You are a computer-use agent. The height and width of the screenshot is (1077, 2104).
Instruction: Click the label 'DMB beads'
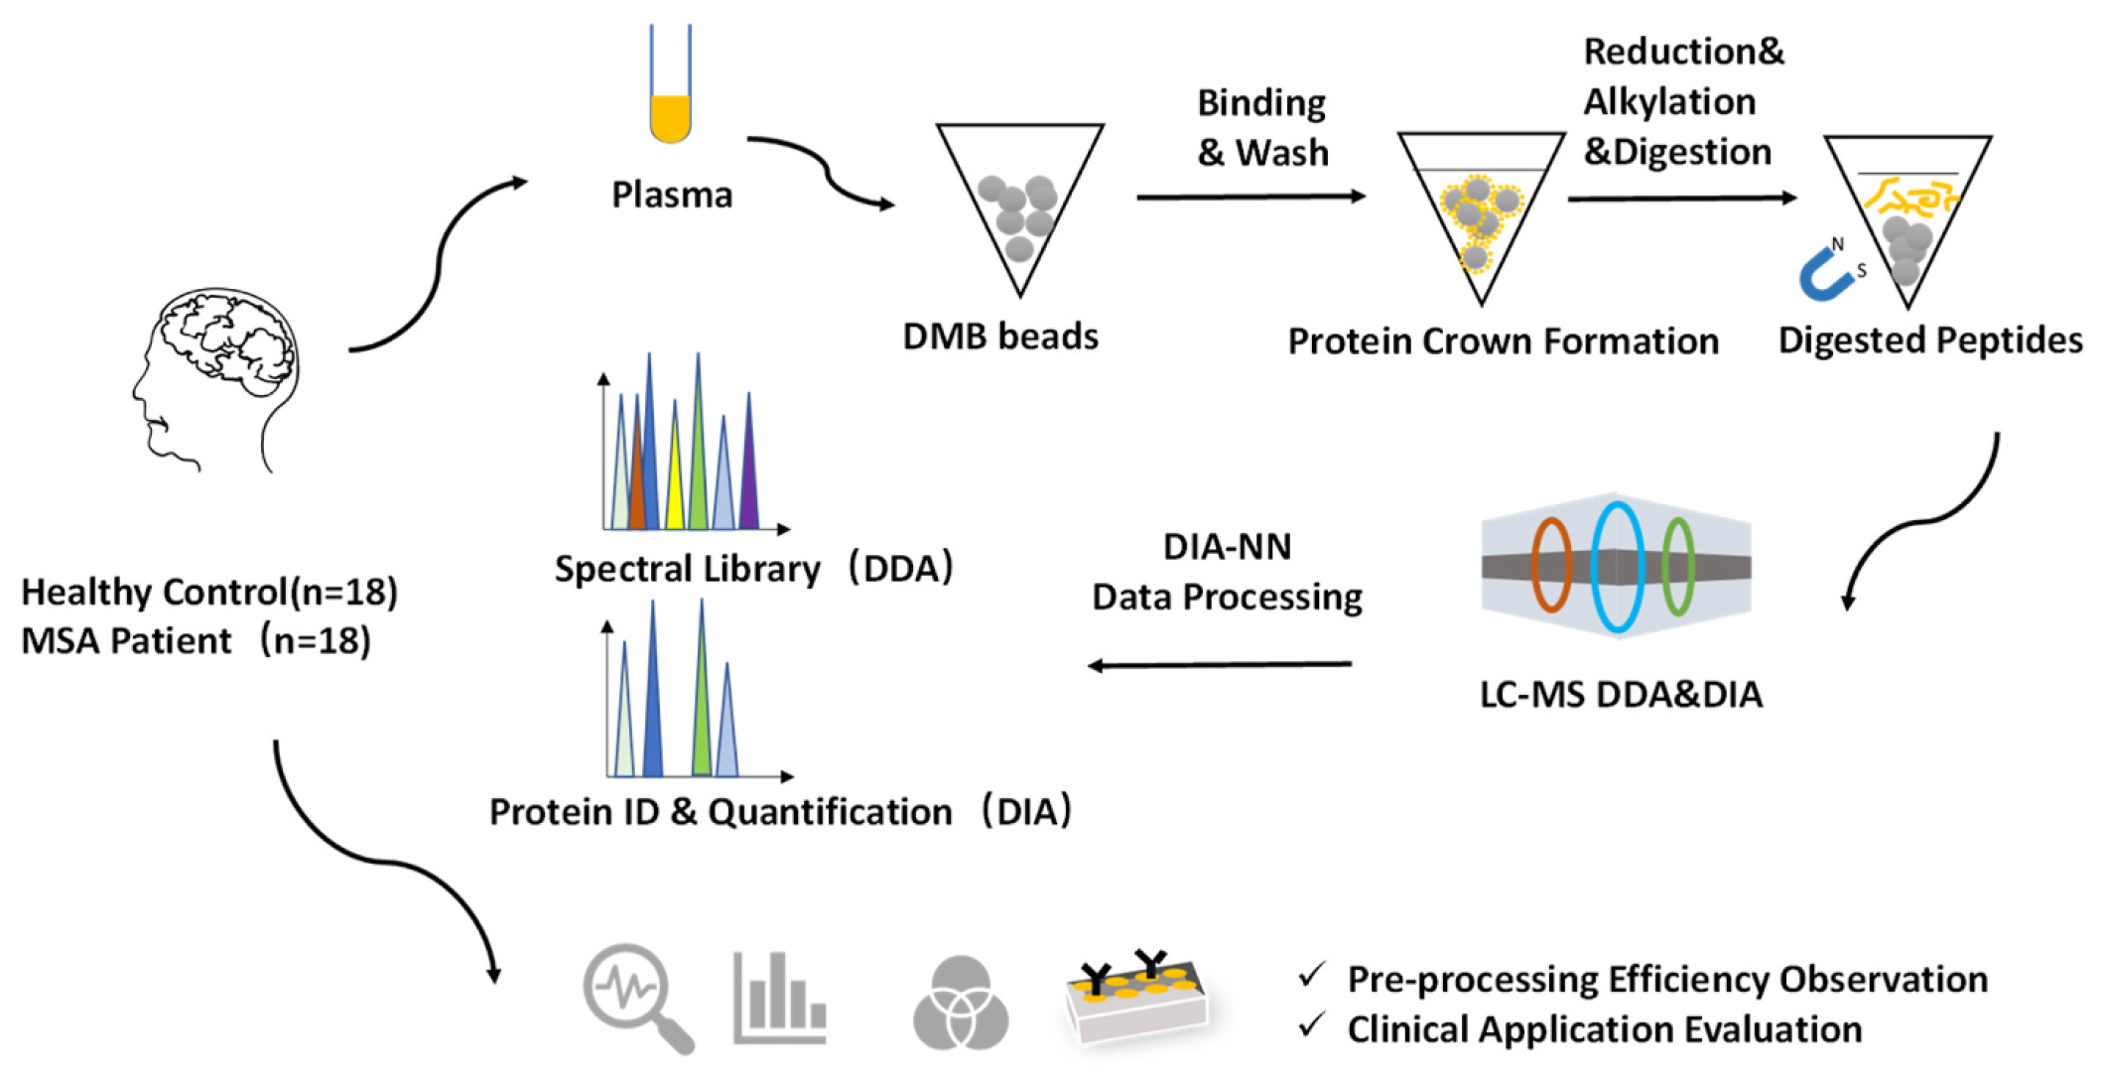point(999,337)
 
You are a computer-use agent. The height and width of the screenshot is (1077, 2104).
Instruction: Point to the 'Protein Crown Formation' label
point(1503,341)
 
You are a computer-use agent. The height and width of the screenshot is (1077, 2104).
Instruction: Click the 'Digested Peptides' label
point(1929,340)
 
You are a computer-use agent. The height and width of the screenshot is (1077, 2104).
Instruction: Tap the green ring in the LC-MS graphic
point(1677,566)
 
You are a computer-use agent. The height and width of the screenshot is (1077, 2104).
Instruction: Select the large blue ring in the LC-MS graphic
point(1617,567)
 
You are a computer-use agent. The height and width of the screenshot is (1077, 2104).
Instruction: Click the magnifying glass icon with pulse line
point(636,996)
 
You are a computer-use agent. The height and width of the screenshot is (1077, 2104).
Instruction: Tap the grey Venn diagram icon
point(960,1003)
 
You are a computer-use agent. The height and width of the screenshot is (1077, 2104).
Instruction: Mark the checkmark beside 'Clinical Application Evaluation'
point(1312,1025)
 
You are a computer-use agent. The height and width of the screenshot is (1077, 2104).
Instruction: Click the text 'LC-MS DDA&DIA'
point(1621,695)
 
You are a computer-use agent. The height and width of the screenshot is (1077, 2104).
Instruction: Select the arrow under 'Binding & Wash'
point(1250,197)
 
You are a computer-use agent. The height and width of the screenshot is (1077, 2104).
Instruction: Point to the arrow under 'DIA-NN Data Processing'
point(1220,665)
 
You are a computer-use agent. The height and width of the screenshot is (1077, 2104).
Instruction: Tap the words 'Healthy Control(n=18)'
point(209,592)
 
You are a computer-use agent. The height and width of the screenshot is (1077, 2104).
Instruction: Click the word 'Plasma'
point(672,195)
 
